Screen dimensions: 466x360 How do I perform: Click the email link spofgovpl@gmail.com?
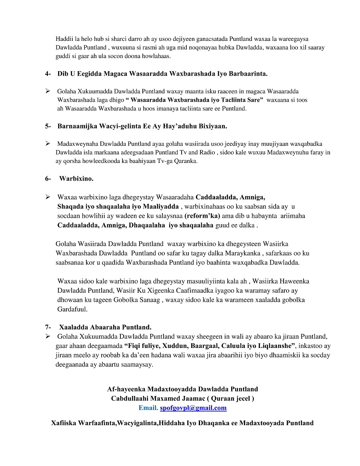coord(193,408)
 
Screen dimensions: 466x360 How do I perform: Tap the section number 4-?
coord(48,74)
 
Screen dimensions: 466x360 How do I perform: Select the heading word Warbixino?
coord(76,179)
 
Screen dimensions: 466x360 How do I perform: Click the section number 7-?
coord(48,327)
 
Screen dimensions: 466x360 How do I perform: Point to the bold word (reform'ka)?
coord(202,216)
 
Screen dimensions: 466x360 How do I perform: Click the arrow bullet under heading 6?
coord(48,197)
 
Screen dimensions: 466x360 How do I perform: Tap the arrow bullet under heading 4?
coord(48,91)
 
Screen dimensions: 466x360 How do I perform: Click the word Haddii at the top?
coord(64,39)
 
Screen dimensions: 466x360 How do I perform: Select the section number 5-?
coord(48,126)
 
